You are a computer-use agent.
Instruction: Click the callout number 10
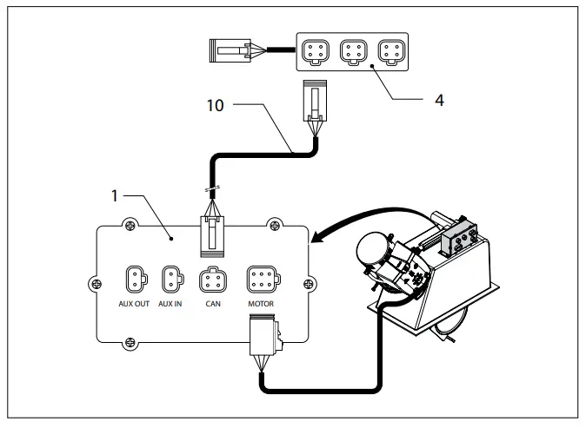[x=216, y=109]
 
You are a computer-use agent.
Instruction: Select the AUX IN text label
[x=170, y=305]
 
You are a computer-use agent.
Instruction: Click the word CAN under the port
[x=212, y=305]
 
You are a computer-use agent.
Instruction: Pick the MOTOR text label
[x=261, y=305]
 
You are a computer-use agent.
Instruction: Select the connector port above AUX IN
[x=170, y=280]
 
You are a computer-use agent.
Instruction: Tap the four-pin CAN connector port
[x=212, y=280]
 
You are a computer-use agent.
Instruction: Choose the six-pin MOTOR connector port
[x=262, y=280]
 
